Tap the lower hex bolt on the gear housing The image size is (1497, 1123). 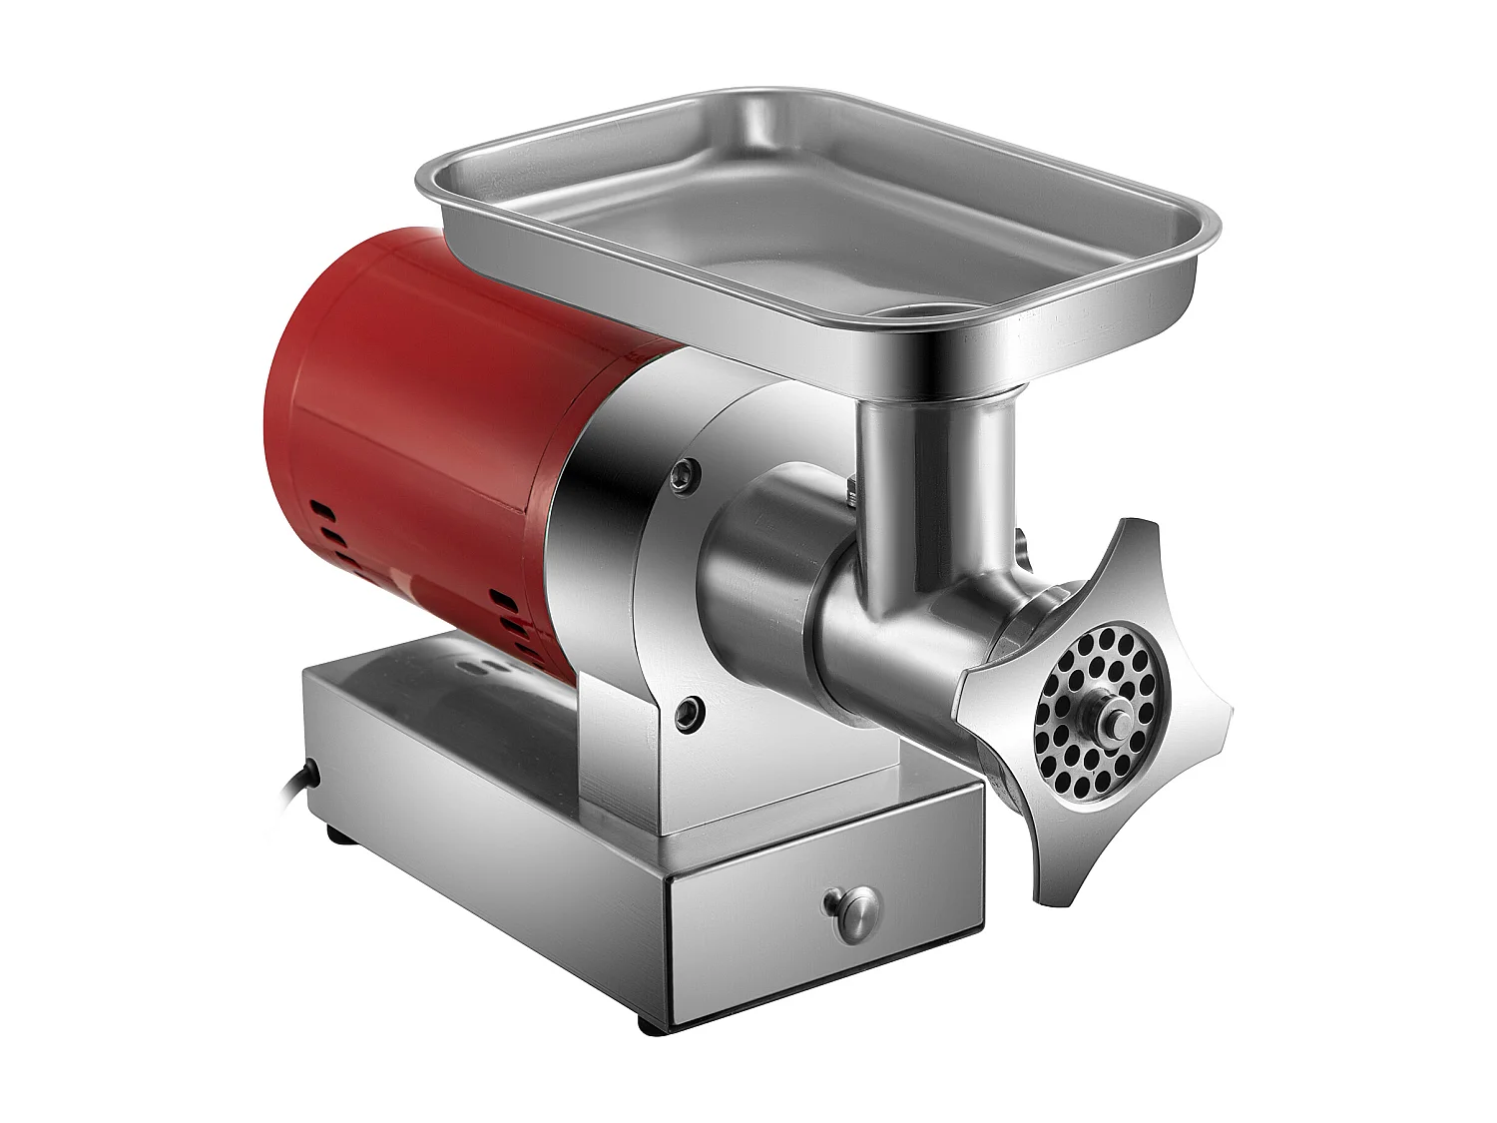click(687, 710)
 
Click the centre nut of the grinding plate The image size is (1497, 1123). click(1107, 712)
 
